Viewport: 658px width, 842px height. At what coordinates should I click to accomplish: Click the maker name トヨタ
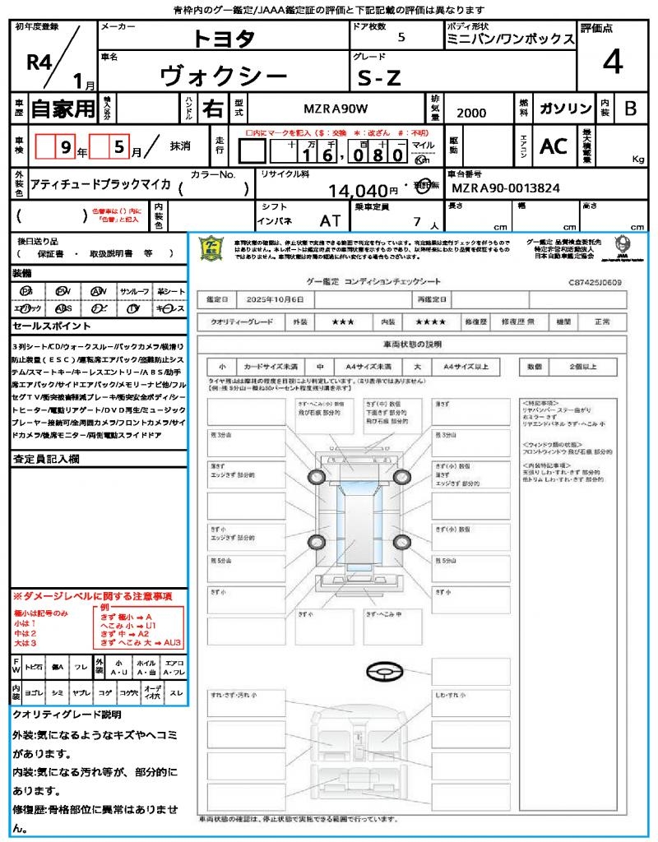click(224, 39)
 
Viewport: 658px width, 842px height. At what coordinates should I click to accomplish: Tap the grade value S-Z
click(379, 78)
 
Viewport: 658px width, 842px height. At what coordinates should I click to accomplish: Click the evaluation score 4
click(612, 62)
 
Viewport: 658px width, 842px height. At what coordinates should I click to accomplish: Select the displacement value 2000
click(471, 113)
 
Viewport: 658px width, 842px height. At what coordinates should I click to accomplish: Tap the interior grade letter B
click(630, 109)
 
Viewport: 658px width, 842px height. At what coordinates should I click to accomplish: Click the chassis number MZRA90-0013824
click(507, 188)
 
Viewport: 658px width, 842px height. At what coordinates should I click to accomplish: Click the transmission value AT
click(330, 220)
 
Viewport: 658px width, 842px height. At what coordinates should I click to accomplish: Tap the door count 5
click(401, 37)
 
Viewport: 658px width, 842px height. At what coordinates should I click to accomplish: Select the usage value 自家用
click(63, 109)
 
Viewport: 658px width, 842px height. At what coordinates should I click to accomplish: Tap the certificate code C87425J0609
click(595, 282)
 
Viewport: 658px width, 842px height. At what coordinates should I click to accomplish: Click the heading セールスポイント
click(44, 326)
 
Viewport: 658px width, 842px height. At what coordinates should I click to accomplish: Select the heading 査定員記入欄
click(45, 460)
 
